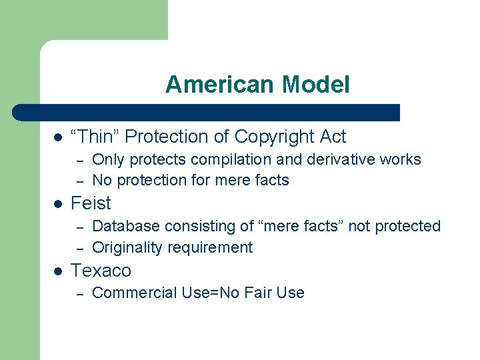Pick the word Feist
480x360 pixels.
pos(91,203)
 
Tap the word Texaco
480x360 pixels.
pos(101,271)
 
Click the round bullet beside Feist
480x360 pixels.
pos(58,203)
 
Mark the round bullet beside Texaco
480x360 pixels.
pos(58,271)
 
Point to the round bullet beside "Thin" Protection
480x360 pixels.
pos(58,137)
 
